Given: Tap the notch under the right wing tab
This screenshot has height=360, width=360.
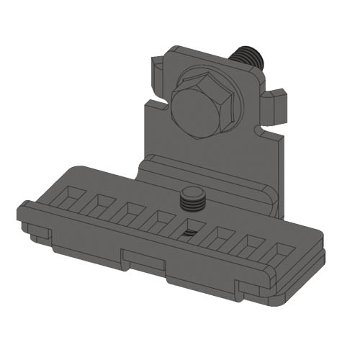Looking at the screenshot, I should tap(270, 133).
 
